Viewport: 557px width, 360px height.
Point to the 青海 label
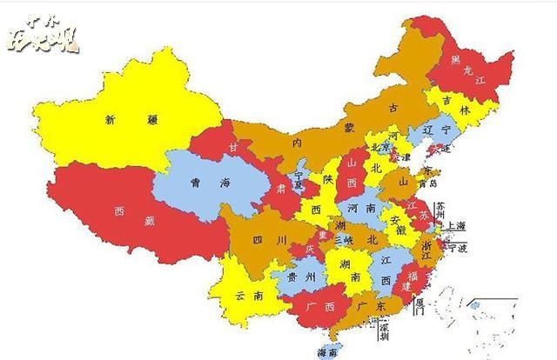[x=209, y=183]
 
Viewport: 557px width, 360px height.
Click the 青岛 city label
[x=428, y=183]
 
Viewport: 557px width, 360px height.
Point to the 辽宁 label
[x=434, y=129]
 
